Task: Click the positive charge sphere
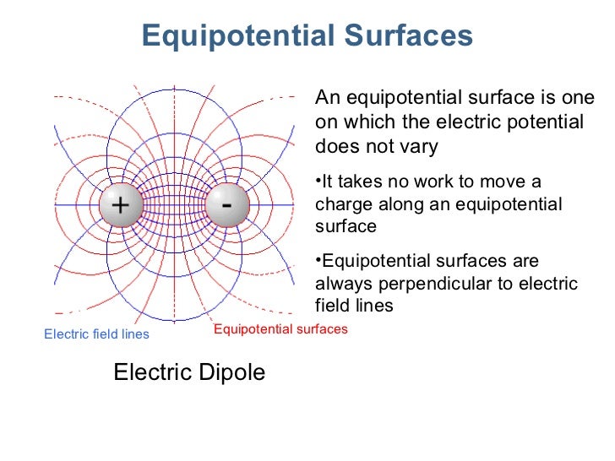click(121, 205)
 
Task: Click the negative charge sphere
click(226, 205)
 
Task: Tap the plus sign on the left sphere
click(121, 205)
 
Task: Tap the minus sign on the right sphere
click(226, 203)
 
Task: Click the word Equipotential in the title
click(241, 36)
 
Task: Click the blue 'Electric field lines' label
click(96, 334)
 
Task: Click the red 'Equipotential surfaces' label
click(280, 329)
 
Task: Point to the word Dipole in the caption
click(230, 372)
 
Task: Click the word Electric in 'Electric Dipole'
click(150, 372)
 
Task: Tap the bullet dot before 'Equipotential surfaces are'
click(318, 261)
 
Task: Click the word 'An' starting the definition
click(326, 98)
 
